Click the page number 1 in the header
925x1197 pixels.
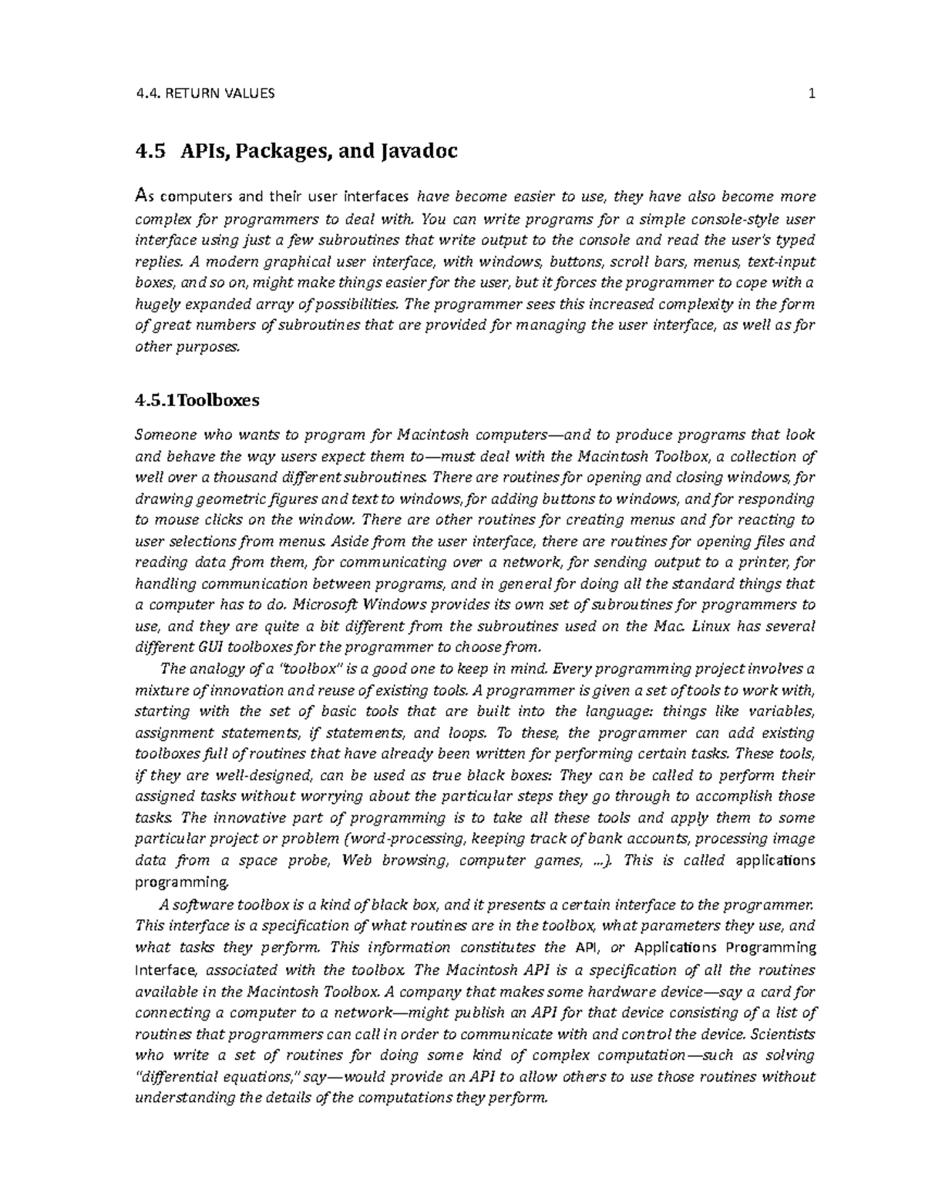811,94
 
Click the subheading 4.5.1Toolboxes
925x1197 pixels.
197,400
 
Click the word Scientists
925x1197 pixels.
783,1034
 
